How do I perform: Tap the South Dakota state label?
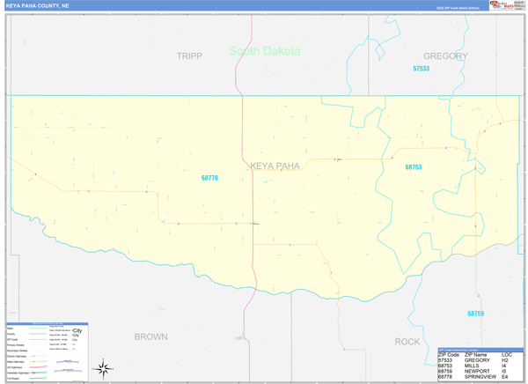click(264, 51)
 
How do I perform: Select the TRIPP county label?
click(189, 55)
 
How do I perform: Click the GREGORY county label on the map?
click(445, 55)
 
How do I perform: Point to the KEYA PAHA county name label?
click(275, 166)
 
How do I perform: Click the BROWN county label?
click(150, 336)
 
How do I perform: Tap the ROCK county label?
click(407, 341)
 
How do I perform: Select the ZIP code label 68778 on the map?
click(209, 178)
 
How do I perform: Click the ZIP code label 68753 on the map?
click(414, 167)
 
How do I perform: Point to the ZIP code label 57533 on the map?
click(421, 68)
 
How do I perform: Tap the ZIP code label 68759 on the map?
click(475, 314)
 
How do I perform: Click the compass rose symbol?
click(103, 367)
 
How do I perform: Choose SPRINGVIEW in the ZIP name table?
click(484, 378)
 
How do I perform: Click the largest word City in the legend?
click(77, 330)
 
